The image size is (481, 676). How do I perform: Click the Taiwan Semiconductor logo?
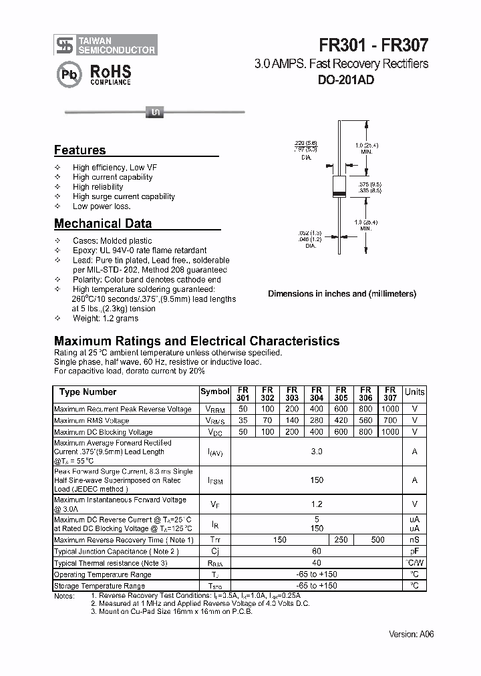105,45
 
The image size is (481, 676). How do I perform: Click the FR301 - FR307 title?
373,45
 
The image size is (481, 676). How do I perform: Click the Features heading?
79,150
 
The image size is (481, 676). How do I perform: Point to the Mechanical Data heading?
102,224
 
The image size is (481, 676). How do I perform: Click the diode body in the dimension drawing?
339,186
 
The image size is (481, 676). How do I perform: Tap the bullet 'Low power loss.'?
102,206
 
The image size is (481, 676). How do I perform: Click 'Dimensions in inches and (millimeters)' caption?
342,294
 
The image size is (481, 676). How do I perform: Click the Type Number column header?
88,392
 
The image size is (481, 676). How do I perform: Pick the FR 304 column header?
317,393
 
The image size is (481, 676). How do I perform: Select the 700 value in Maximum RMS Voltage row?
390,421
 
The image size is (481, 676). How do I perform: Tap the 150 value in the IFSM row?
317,480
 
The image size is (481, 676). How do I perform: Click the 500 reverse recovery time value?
377,540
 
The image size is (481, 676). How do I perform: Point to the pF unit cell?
414,552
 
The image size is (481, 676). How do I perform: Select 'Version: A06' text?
411,634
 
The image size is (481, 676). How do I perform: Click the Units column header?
414,392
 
